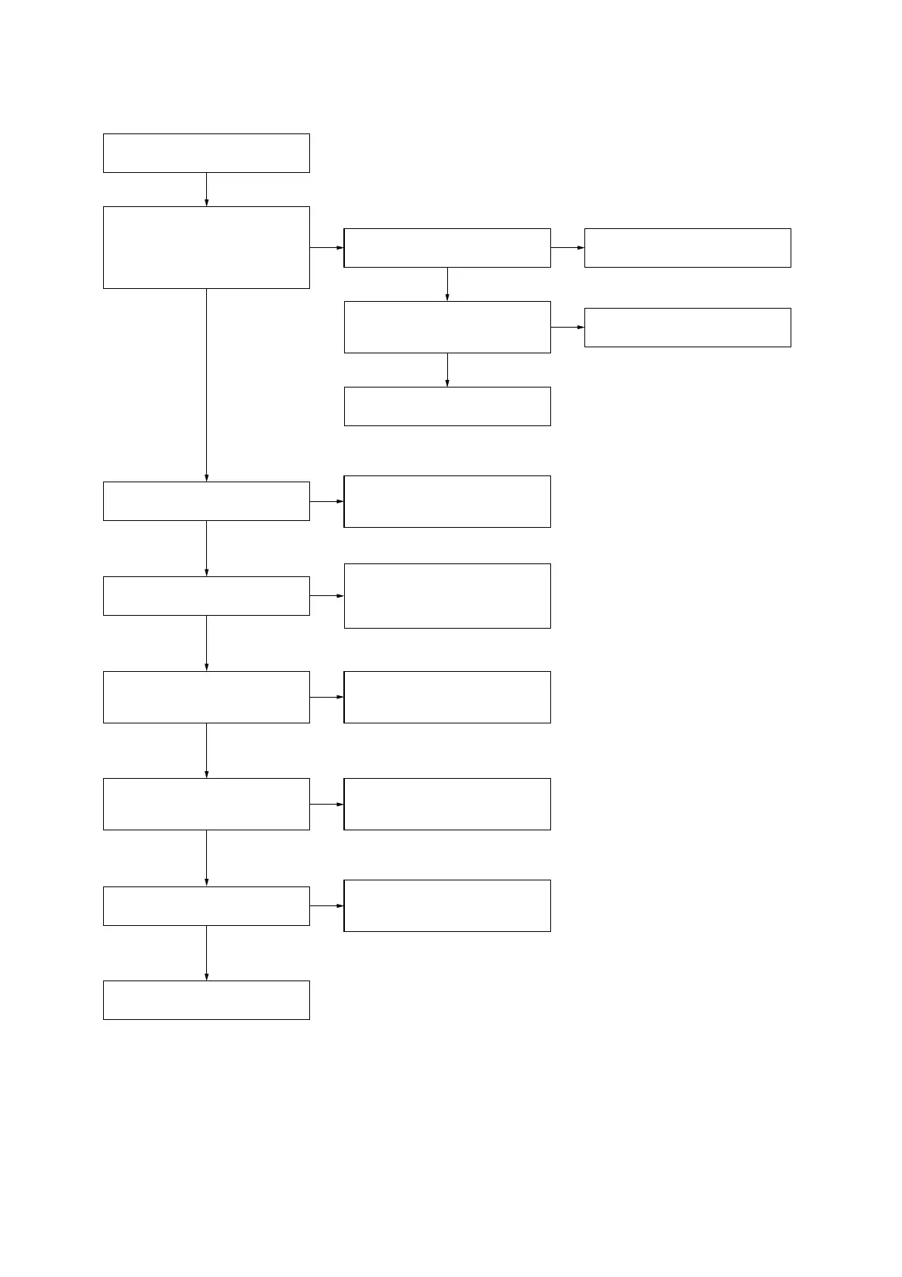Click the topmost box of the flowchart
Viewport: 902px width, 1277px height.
point(206,153)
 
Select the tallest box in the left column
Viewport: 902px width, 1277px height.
point(206,247)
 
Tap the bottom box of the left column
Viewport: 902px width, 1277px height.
point(206,999)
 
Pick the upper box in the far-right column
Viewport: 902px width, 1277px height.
point(687,248)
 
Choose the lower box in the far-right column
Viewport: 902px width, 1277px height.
point(687,328)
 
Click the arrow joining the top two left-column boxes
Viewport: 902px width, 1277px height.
point(206,190)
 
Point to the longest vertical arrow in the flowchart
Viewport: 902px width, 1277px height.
point(206,385)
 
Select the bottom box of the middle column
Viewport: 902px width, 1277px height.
point(447,905)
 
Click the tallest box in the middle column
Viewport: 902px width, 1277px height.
point(447,596)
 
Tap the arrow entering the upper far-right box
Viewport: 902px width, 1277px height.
point(568,248)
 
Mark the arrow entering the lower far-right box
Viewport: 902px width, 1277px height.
point(568,328)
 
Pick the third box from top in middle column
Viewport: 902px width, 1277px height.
point(447,406)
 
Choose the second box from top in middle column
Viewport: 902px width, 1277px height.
point(447,327)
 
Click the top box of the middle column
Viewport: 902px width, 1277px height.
point(447,248)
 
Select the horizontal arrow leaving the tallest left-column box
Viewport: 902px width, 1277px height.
point(327,248)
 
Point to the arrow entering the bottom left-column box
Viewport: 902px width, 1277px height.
point(206,953)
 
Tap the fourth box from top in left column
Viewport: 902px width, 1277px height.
point(206,596)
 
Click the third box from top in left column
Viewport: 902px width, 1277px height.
point(206,501)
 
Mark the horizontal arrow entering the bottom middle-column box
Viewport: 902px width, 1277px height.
point(327,906)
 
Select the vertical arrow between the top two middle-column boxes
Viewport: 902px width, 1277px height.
point(447,284)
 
